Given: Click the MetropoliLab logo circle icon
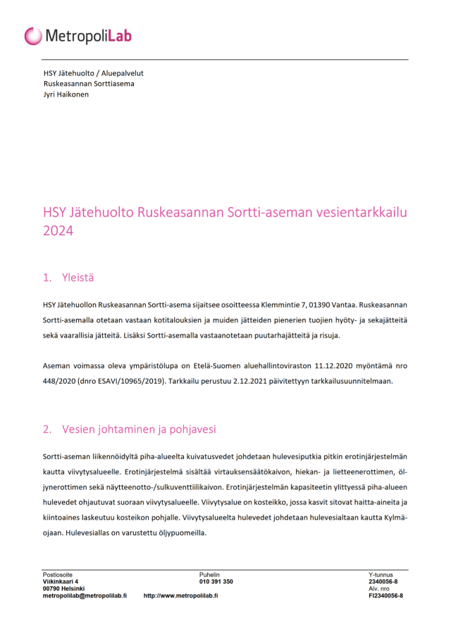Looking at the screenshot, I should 33,36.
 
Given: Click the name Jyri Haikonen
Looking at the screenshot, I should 66,94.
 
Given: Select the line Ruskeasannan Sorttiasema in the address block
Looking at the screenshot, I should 89,84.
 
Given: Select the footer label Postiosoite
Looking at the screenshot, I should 58,575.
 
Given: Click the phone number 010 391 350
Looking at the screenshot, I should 216,582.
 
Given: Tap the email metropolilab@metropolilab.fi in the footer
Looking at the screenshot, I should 85,595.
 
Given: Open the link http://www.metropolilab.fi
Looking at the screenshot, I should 180,595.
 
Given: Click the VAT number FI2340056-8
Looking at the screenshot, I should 386,595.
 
